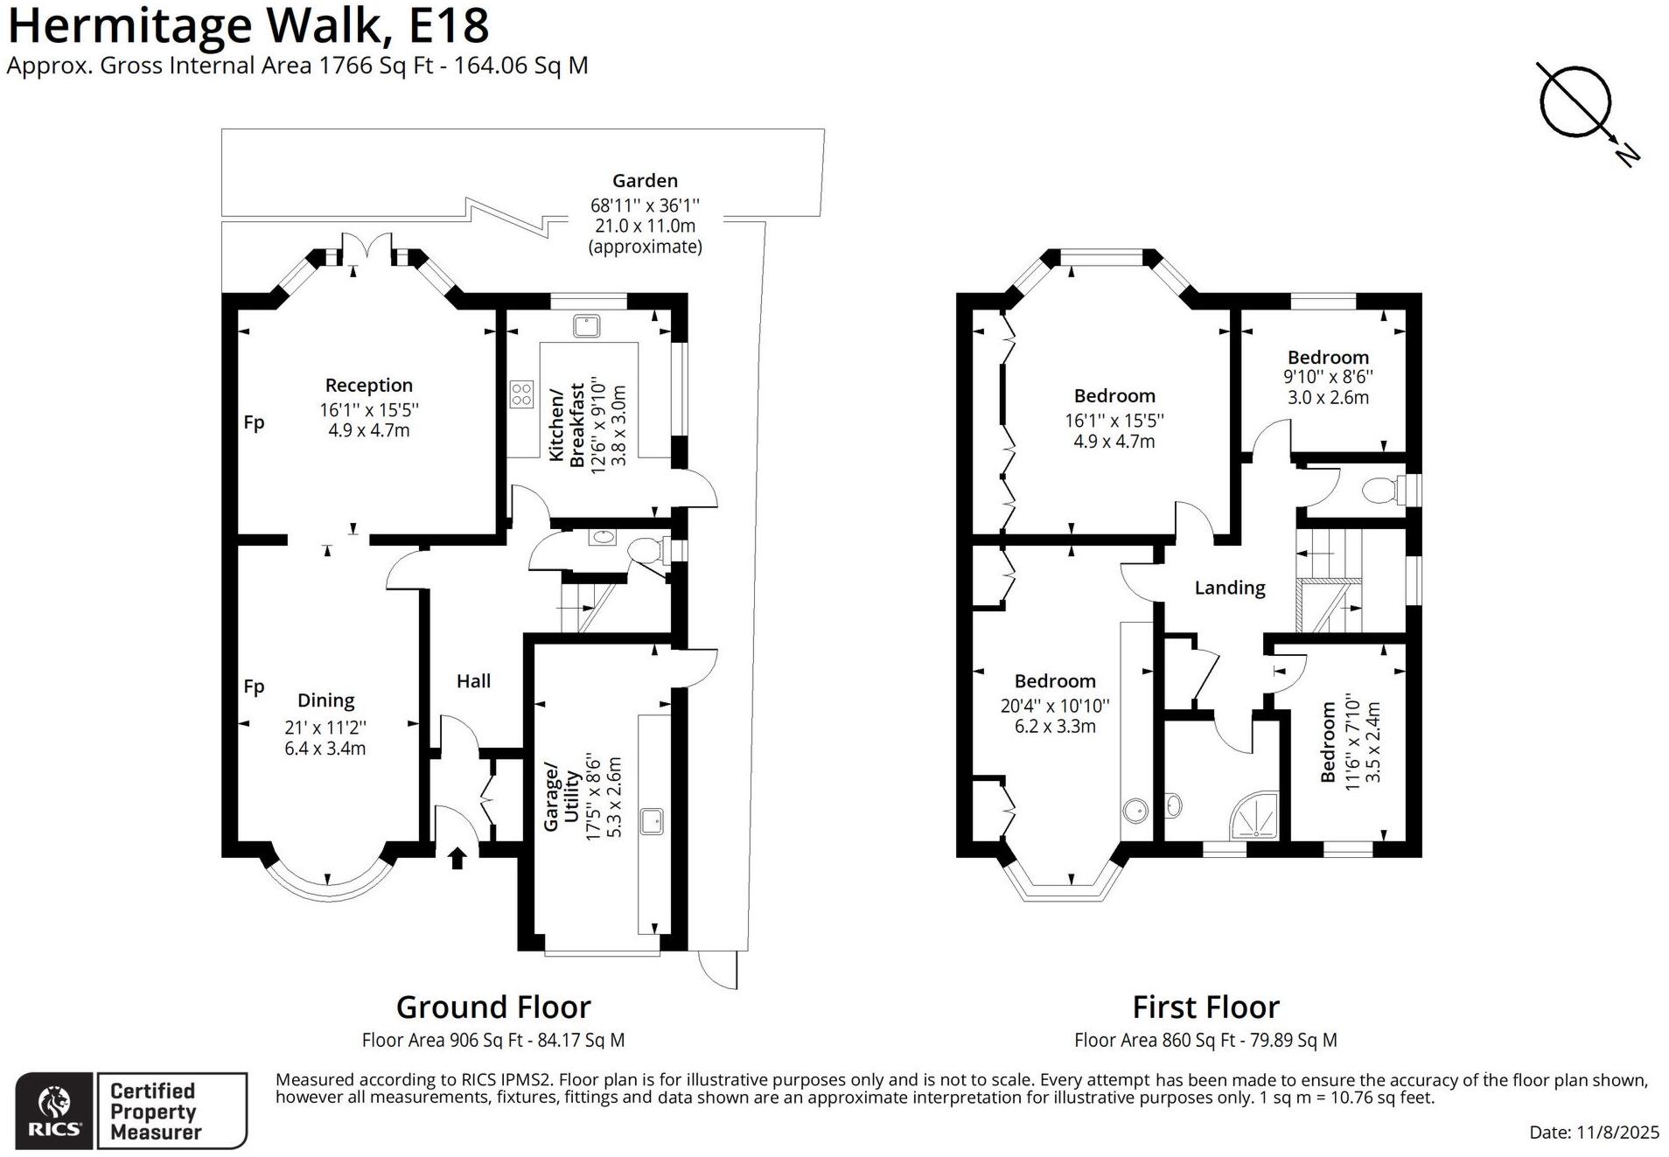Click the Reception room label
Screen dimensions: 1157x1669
368,386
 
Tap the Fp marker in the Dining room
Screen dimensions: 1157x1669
254,687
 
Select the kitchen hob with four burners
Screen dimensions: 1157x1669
521,394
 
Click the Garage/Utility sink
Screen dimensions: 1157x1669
653,821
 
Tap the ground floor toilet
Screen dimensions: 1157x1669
646,551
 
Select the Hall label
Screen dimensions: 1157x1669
473,681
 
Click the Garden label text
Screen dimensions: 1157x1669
645,181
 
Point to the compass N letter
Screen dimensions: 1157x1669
1626,155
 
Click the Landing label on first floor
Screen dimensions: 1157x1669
1229,588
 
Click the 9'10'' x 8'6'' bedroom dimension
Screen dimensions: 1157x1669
1328,377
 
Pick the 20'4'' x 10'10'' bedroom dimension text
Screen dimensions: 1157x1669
1055,705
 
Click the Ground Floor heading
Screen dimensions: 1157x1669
493,1007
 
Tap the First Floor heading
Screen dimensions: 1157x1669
1205,1007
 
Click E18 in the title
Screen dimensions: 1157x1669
449,25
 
